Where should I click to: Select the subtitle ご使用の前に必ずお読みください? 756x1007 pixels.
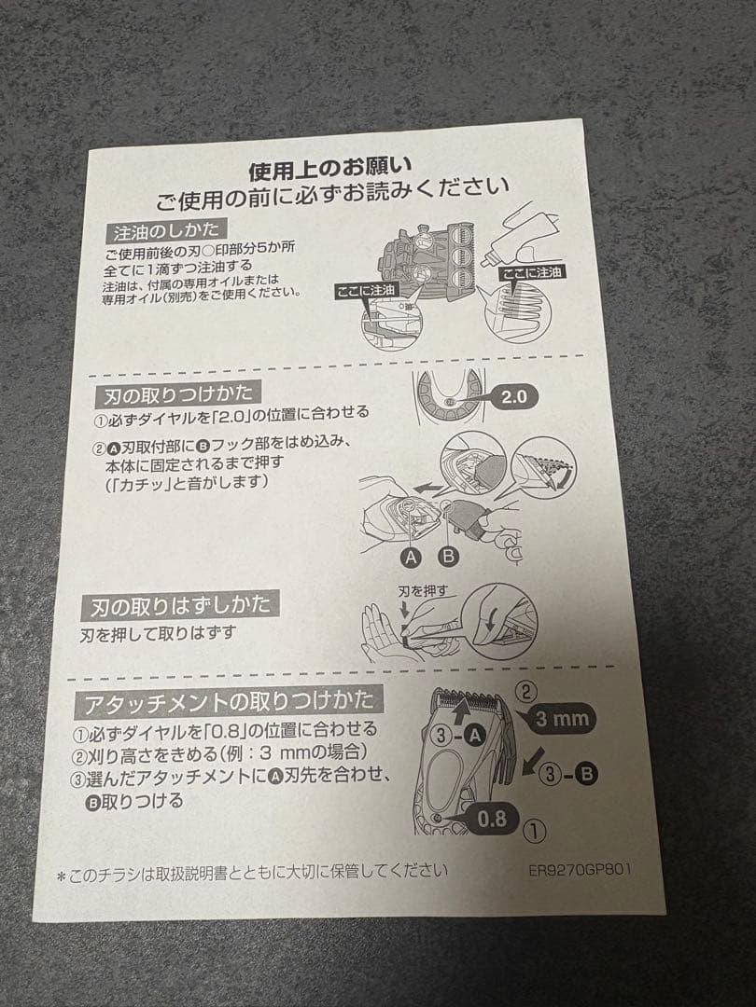(x=332, y=199)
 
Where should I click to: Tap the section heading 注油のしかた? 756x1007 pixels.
(x=167, y=229)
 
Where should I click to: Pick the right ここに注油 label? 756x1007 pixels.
(x=532, y=272)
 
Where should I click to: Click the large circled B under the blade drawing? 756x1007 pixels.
(x=448, y=557)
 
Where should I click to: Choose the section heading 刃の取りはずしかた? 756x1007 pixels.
(x=181, y=605)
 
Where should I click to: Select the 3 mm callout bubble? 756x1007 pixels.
(x=563, y=719)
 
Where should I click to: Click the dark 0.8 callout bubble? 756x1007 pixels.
(x=491, y=820)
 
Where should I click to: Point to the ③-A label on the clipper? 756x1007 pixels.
(x=461, y=737)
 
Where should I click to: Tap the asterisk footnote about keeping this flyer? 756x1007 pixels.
(x=252, y=872)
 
